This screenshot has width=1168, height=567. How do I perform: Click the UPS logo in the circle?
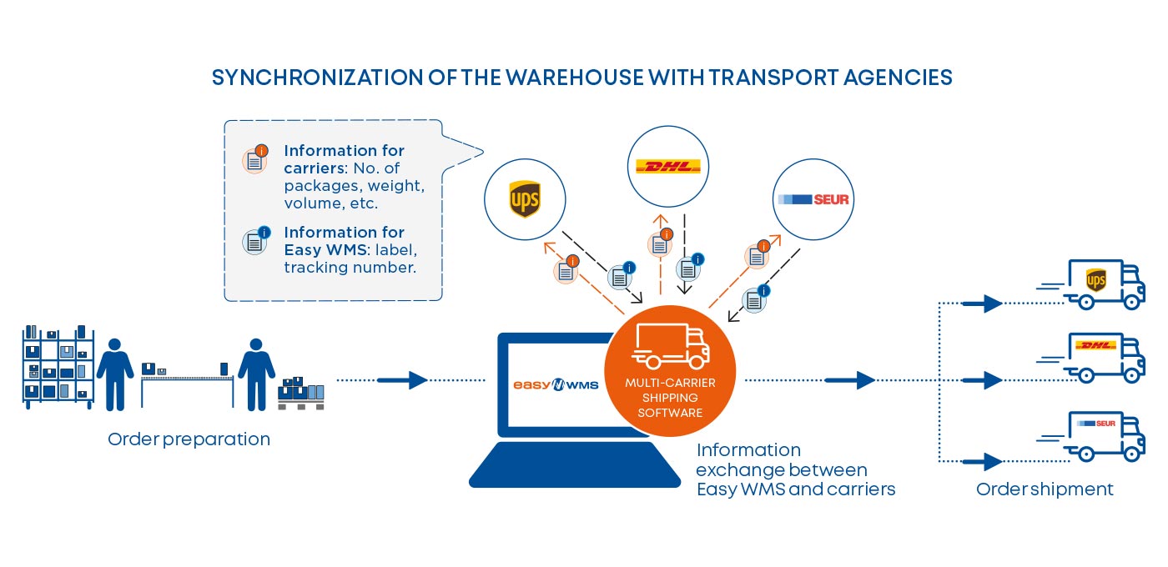click(x=525, y=200)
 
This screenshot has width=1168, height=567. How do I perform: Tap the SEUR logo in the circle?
click(x=813, y=200)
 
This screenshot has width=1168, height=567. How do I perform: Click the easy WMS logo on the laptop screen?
click(x=555, y=385)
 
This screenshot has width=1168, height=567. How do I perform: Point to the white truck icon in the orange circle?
click(x=670, y=347)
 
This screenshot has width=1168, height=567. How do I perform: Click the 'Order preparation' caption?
click(x=189, y=439)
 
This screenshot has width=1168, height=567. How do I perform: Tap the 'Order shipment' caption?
click(x=1045, y=489)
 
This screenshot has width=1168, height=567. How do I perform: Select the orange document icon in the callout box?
click(x=255, y=159)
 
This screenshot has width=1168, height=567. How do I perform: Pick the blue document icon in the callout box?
click(x=255, y=240)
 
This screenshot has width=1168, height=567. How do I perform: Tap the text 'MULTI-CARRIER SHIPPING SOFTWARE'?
click(x=670, y=397)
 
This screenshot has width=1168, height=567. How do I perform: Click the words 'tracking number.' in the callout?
click(x=350, y=268)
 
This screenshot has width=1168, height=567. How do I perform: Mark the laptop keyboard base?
click(x=575, y=467)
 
